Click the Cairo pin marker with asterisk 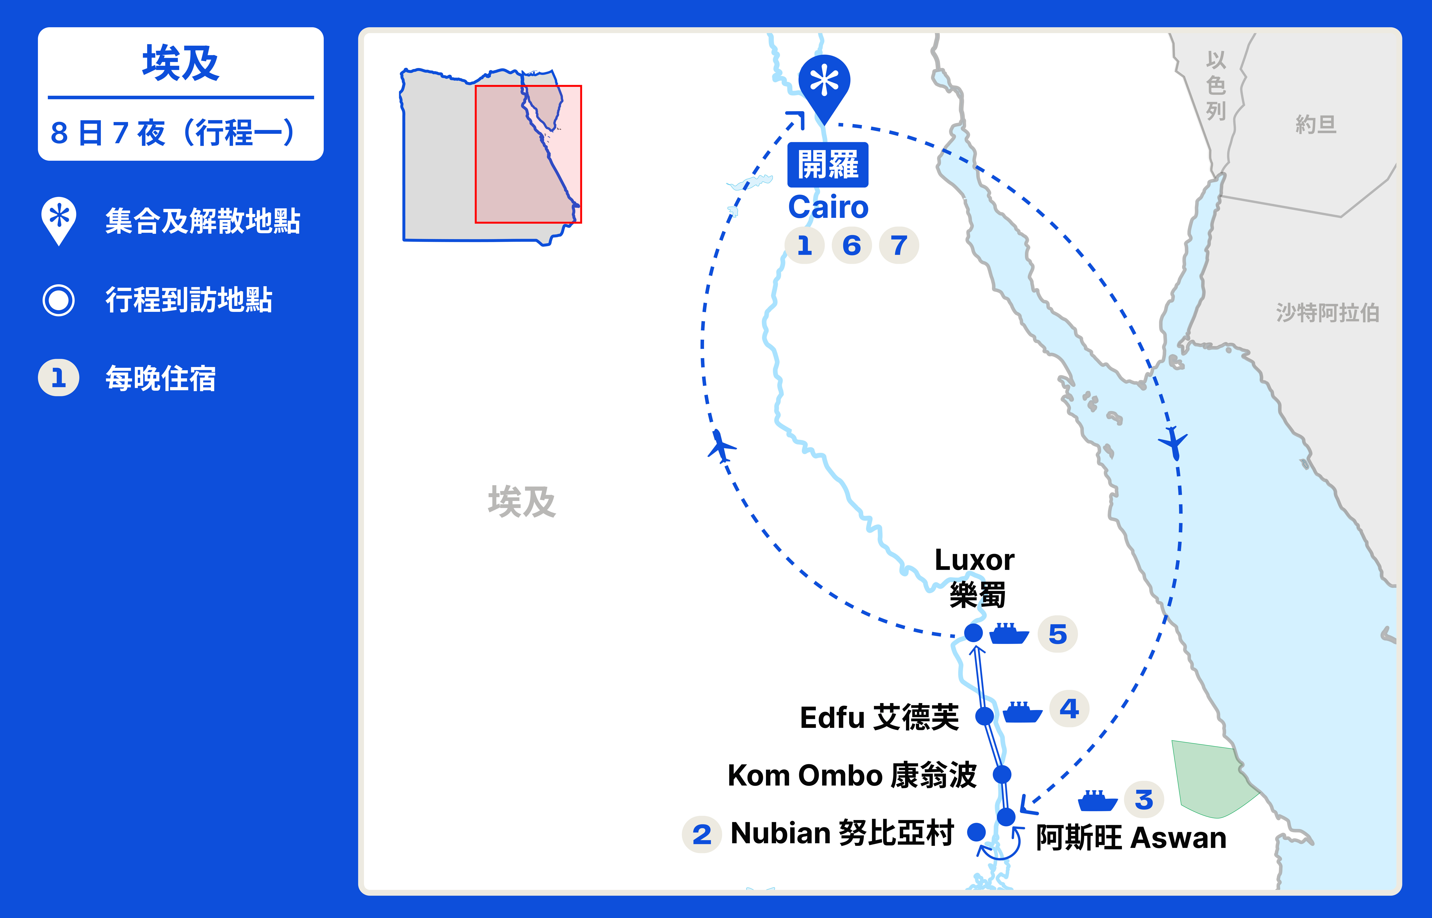(x=824, y=83)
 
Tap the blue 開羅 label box (x=828, y=165)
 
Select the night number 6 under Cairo (x=852, y=245)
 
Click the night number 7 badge (x=899, y=245)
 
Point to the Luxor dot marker (x=973, y=632)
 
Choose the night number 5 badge (x=1058, y=634)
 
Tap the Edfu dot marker (x=985, y=716)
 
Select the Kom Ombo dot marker (x=1002, y=774)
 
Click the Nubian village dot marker (x=976, y=832)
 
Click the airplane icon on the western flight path (x=721, y=446)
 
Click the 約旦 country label (x=1316, y=125)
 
